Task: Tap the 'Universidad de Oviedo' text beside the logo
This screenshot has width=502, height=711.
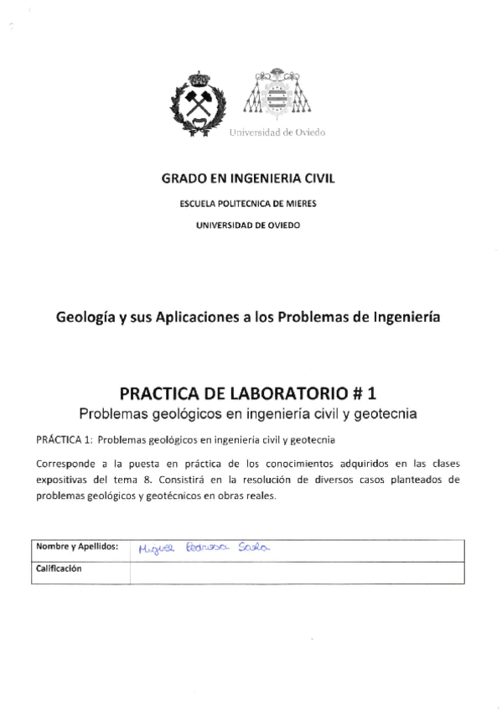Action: click(277, 132)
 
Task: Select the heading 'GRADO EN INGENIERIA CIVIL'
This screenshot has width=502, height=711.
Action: click(251, 179)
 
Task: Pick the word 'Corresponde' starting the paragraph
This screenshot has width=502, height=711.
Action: click(66, 464)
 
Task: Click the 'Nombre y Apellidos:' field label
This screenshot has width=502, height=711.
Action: click(76, 547)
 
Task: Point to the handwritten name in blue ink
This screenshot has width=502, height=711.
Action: click(204, 548)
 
